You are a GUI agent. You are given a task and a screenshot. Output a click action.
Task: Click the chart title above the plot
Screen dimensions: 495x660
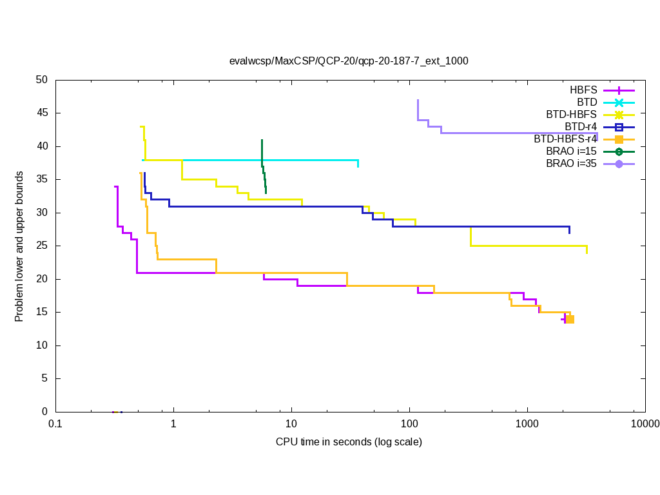(x=349, y=61)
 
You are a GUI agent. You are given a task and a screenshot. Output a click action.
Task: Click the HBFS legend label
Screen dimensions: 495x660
(x=583, y=90)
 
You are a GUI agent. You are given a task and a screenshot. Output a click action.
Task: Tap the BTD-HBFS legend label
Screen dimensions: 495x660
(x=572, y=114)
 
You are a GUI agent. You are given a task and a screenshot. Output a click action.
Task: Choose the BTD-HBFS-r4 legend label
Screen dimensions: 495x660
(x=565, y=139)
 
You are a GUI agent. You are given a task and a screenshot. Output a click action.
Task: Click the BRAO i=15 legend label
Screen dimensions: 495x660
(x=571, y=151)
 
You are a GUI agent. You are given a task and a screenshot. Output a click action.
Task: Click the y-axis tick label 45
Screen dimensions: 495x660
(x=42, y=113)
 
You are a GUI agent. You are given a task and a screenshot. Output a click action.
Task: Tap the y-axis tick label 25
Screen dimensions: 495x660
(x=42, y=246)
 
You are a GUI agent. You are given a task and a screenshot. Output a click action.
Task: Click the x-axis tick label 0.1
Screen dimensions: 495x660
(x=55, y=423)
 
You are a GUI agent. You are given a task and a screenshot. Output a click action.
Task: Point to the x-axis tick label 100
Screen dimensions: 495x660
(x=409, y=423)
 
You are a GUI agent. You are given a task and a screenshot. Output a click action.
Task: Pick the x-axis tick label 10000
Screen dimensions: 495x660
(x=645, y=423)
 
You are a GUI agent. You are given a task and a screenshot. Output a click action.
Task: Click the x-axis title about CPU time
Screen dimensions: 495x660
(x=349, y=442)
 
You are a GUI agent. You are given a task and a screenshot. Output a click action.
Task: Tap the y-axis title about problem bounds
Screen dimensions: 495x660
(x=19, y=246)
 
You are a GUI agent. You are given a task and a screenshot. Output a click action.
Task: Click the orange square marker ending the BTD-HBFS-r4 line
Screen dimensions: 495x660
(x=570, y=320)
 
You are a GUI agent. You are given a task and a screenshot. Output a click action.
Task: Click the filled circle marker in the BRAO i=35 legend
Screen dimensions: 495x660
(x=619, y=164)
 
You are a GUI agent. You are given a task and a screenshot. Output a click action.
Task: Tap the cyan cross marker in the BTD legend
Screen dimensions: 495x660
(x=619, y=102)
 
